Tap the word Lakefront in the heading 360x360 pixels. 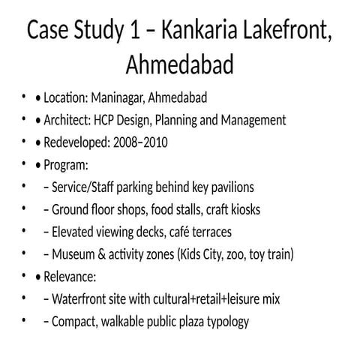click(x=289, y=32)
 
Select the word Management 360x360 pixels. click(x=252, y=120)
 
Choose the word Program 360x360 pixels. click(x=67, y=165)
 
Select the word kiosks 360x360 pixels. click(x=242, y=210)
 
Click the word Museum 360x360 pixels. click(x=75, y=255)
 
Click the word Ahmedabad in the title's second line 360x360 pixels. click(x=180, y=65)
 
